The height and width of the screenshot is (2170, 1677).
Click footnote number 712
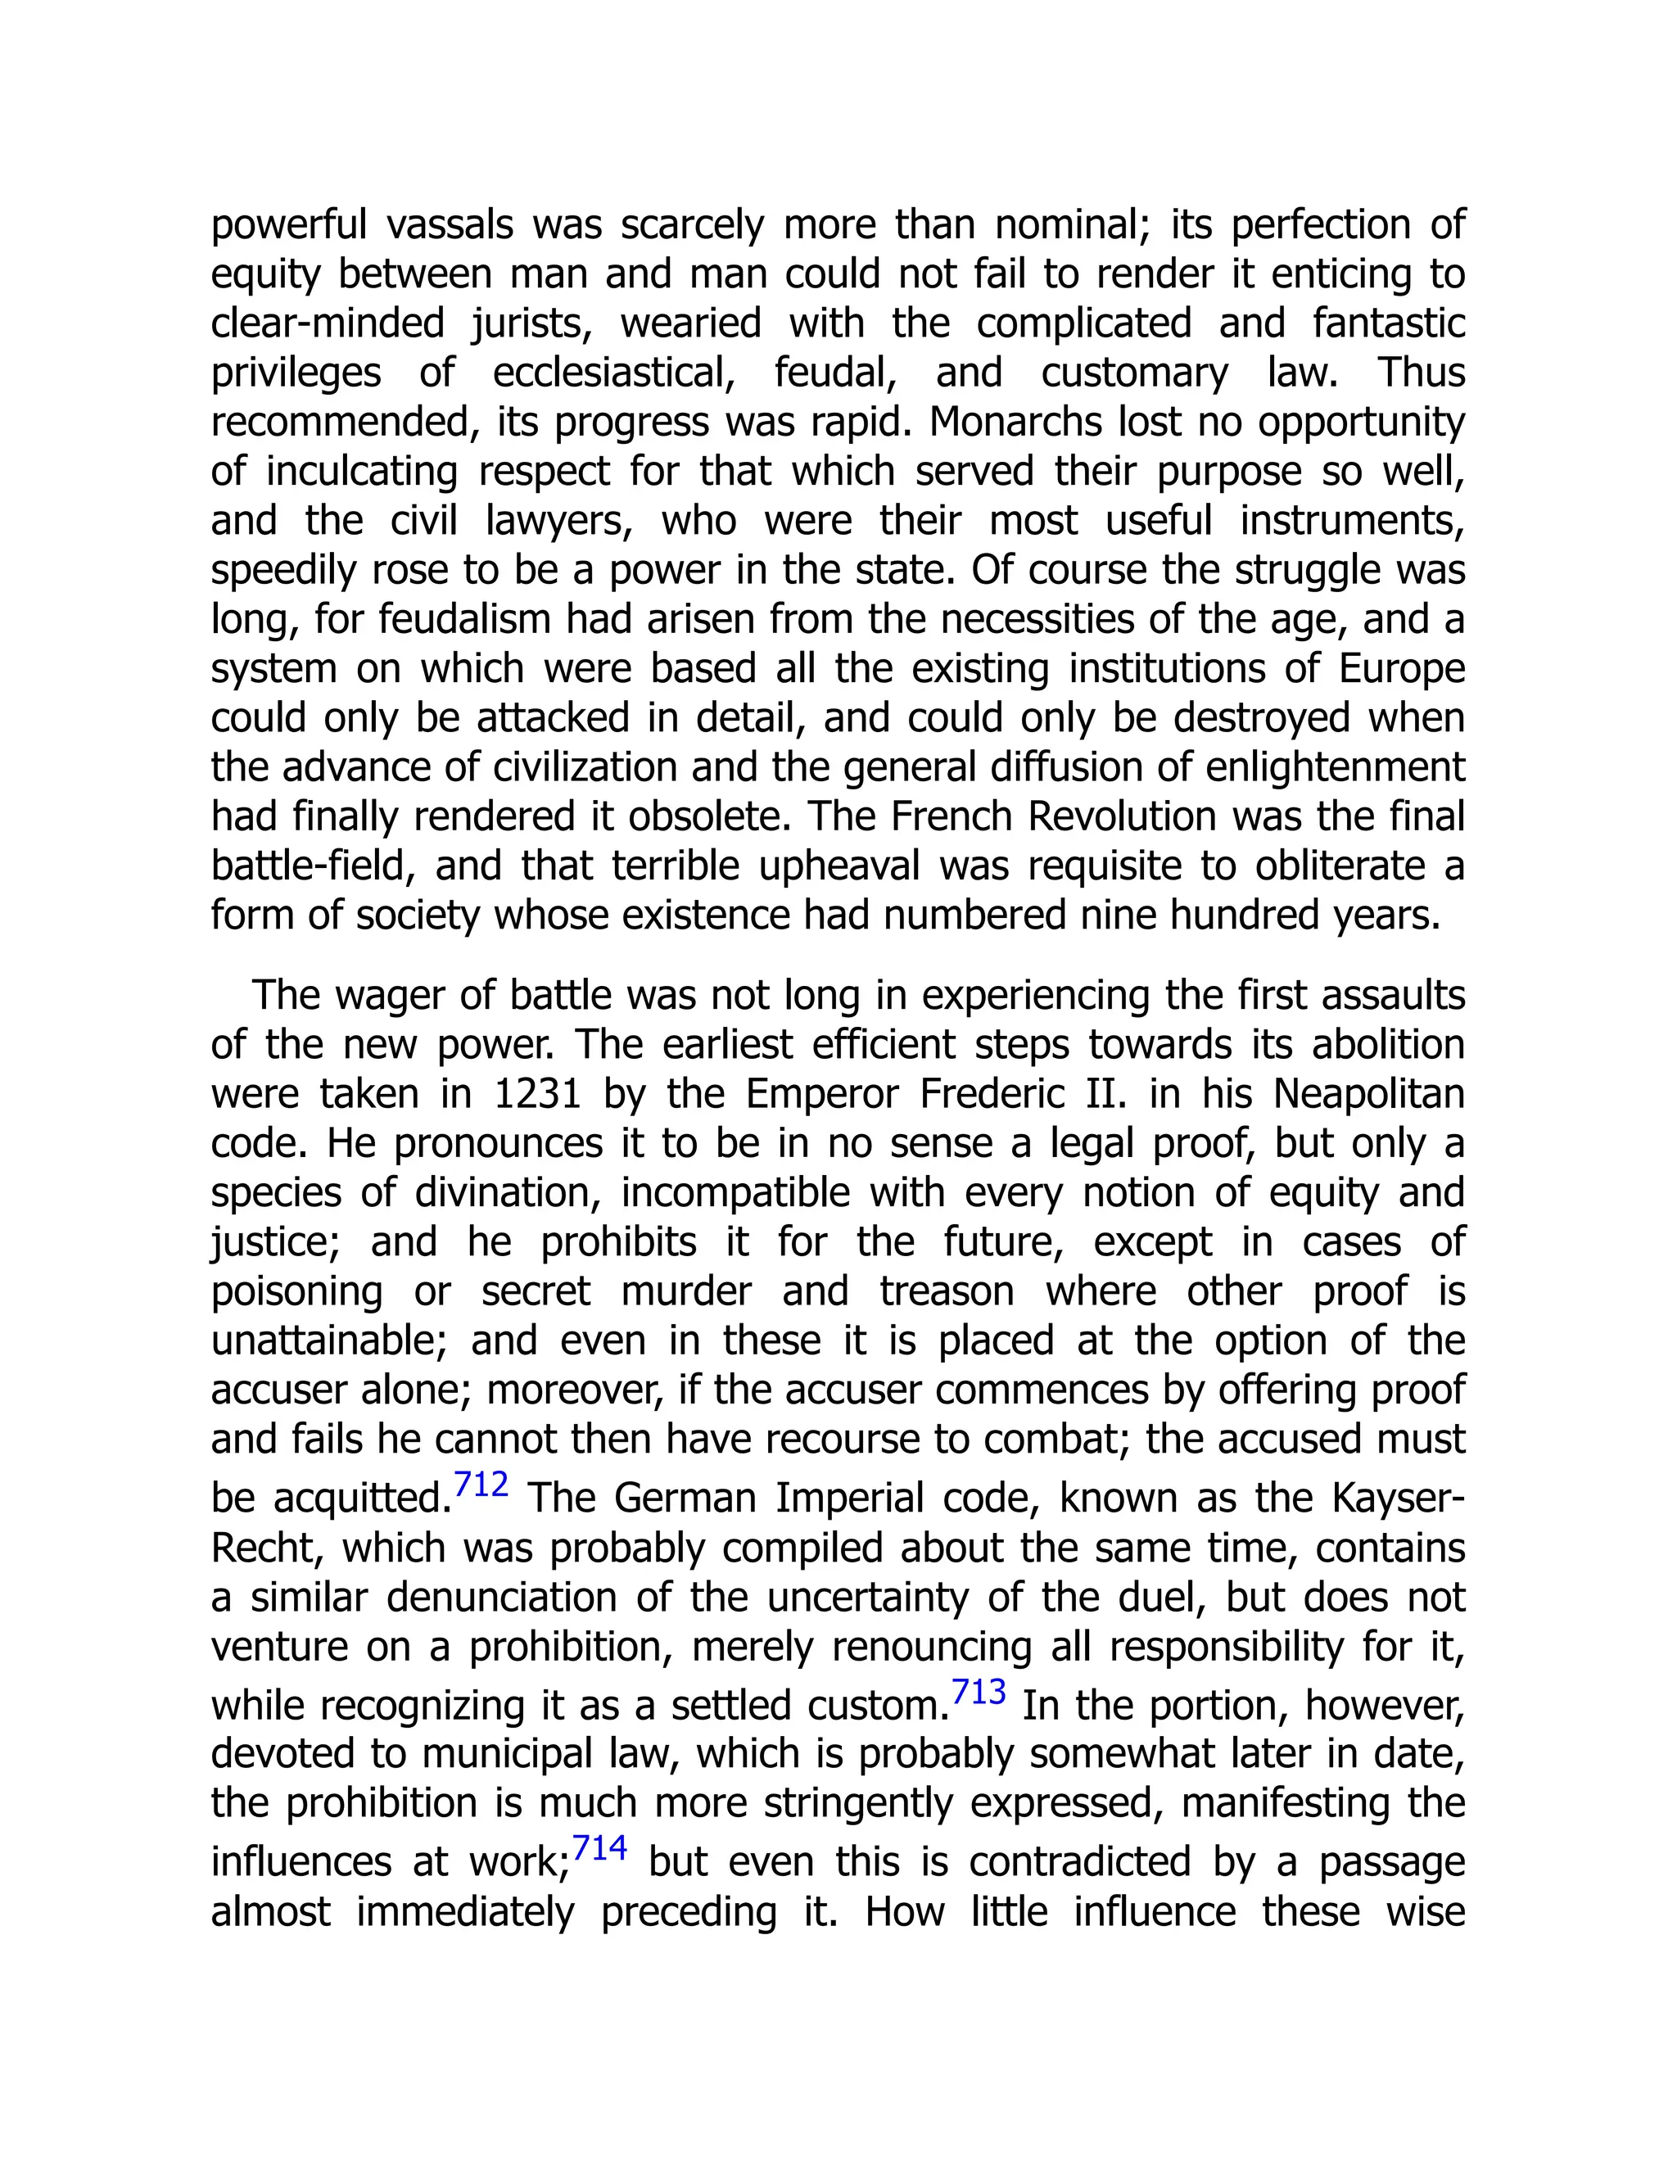pos(481,1485)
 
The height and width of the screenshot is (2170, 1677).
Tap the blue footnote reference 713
pos(979,1692)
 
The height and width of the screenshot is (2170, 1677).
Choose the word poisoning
pos(296,1291)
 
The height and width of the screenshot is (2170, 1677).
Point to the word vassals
pos(449,225)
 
